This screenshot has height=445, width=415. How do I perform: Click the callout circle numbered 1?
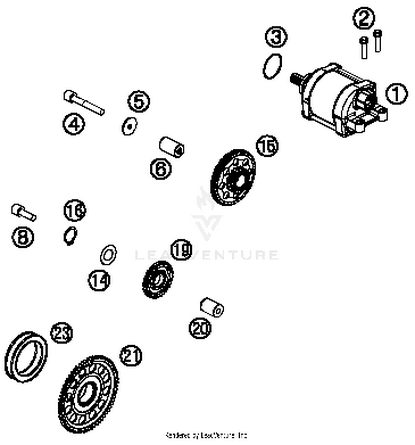[x=396, y=94]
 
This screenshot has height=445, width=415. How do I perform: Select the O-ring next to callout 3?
[x=273, y=66]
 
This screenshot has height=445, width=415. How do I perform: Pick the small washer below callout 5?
[x=129, y=126]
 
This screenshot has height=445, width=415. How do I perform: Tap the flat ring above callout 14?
[x=108, y=254]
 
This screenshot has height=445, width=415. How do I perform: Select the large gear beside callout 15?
[x=233, y=177]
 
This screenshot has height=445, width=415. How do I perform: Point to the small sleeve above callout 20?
[x=212, y=307]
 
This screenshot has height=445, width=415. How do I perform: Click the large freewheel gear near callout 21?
[x=89, y=394]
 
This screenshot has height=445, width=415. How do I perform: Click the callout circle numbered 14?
[x=99, y=280]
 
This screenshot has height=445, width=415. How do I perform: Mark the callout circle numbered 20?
[x=200, y=328]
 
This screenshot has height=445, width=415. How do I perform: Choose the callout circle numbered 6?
[x=161, y=169]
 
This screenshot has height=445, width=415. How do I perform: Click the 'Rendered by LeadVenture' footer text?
[x=206, y=435]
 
